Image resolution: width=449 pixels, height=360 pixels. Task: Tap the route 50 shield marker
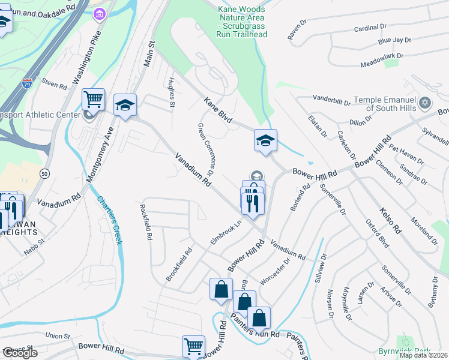(x=44, y=173)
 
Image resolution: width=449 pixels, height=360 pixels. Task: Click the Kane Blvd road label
(x=217, y=109)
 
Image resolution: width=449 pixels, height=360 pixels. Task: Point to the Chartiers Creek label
(x=110, y=220)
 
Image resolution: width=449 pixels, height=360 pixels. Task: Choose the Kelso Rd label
(x=390, y=220)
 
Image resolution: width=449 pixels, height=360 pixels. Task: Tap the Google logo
(x=20, y=353)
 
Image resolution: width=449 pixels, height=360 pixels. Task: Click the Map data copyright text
(x=424, y=355)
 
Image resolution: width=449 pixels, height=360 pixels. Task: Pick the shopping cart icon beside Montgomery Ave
(x=93, y=99)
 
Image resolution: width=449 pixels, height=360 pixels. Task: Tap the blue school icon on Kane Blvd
(x=265, y=140)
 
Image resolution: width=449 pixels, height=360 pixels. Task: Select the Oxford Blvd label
(x=377, y=233)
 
